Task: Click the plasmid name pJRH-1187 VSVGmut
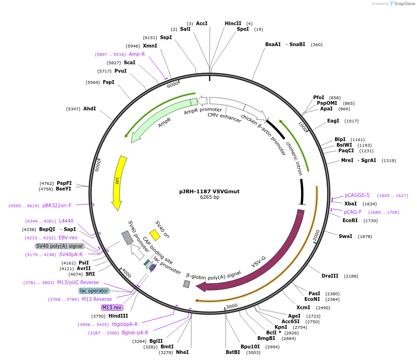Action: tap(209, 191)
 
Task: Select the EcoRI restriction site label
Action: tap(350, 220)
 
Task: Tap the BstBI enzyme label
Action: tap(233, 352)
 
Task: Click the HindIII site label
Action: tap(119, 316)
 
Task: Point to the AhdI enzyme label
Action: tap(89, 109)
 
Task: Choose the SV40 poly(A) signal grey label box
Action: tap(59, 246)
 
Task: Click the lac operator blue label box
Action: tap(94, 291)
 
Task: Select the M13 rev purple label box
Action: tap(112, 307)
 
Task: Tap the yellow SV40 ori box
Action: tap(155, 235)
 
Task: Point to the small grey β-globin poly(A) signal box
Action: tap(187, 284)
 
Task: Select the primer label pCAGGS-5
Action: tap(357, 195)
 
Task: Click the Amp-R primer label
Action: tap(137, 54)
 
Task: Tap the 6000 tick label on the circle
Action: tap(173, 84)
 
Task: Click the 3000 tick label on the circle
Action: tap(232, 306)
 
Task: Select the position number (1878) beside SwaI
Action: tap(365, 237)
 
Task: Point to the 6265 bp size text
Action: tap(209, 197)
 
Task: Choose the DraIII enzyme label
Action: tap(330, 276)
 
